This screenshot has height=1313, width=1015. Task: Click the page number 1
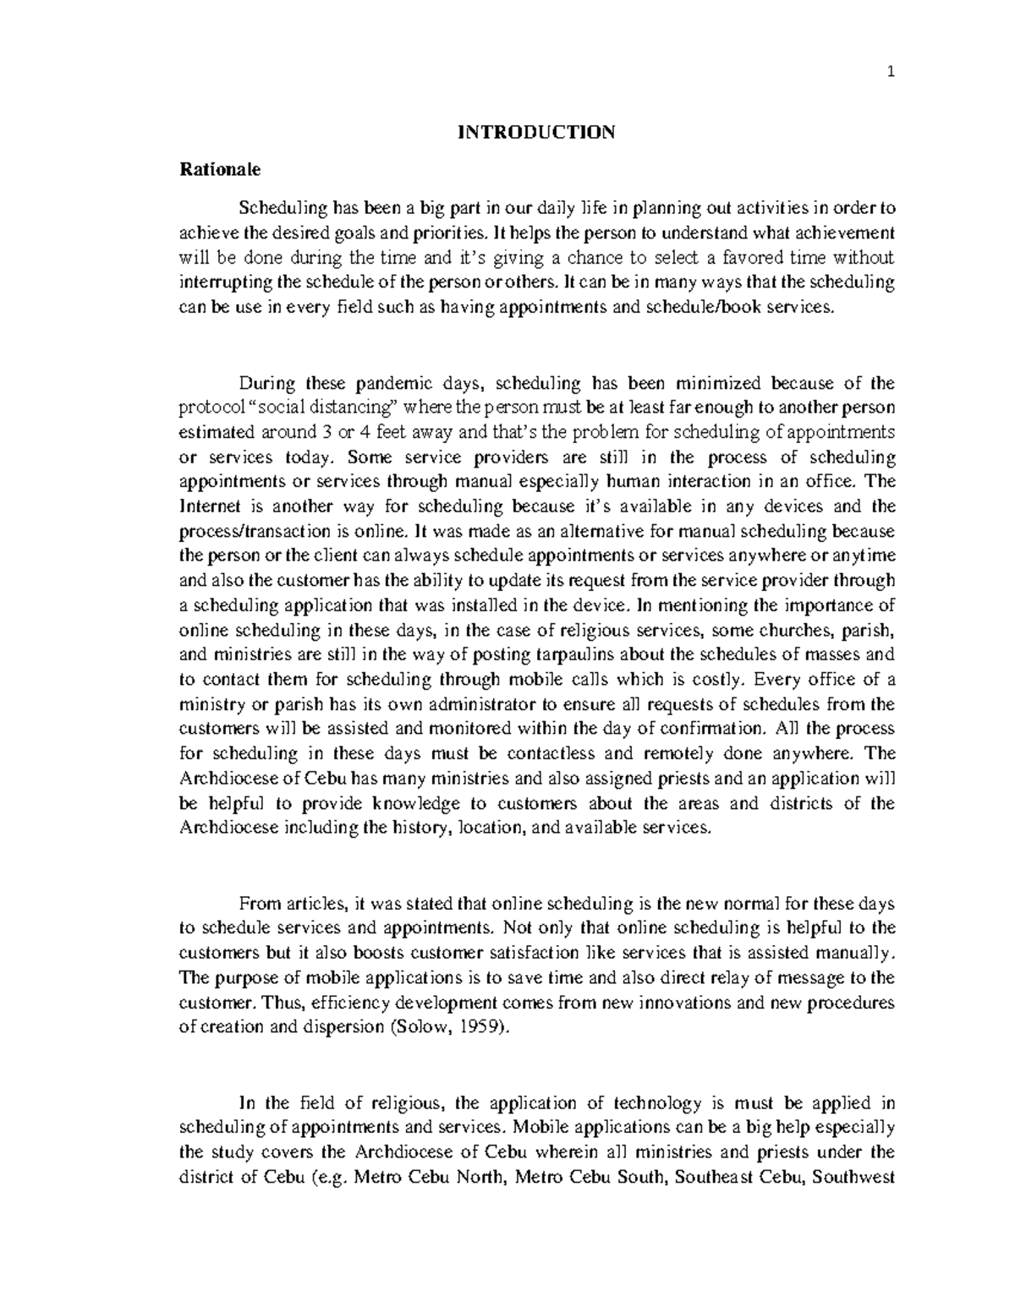click(891, 72)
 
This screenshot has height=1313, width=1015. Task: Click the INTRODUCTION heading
click(536, 132)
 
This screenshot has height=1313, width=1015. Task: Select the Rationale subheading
click(221, 170)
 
